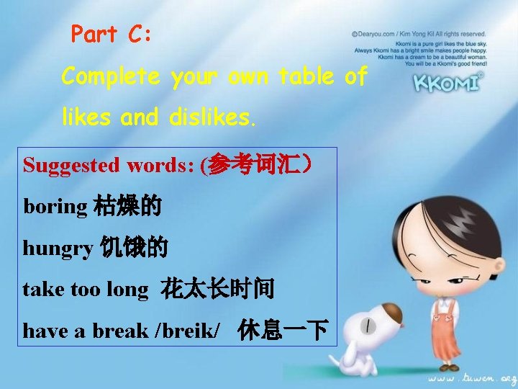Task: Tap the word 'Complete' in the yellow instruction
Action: tap(110, 76)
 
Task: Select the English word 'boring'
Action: tap(55, 207)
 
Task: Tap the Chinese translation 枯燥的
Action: tap(127, 207)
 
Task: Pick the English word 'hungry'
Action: tap(58, 249)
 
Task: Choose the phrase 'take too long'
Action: tap(85, 290)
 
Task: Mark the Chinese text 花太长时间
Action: tap(217, 290)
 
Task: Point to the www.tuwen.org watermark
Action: tap(471, 376)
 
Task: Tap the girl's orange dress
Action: tap(447, 324)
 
